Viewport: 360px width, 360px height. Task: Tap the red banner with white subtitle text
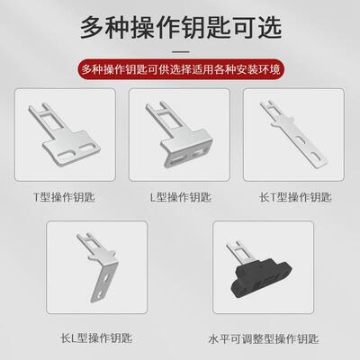tap(180, 68)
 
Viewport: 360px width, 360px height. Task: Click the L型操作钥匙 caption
tap(179, 195)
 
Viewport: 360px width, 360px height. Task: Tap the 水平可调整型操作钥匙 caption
tap(261, 339)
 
